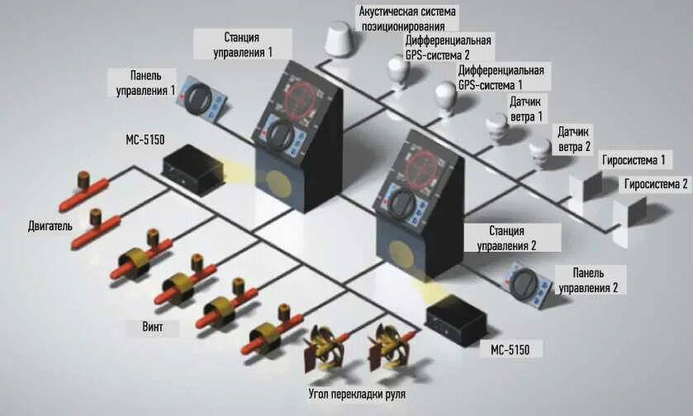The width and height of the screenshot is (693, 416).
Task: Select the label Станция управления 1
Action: point(243,45)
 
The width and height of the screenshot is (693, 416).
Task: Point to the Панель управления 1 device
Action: point(205,98)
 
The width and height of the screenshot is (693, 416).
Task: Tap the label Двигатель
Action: point(50,225)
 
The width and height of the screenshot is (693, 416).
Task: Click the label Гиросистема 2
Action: point(656,184)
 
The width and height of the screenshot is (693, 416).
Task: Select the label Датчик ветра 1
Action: point(527,110)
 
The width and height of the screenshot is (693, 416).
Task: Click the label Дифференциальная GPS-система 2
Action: point(448,47)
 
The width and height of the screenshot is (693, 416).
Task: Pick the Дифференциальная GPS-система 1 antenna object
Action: point(447,97)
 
